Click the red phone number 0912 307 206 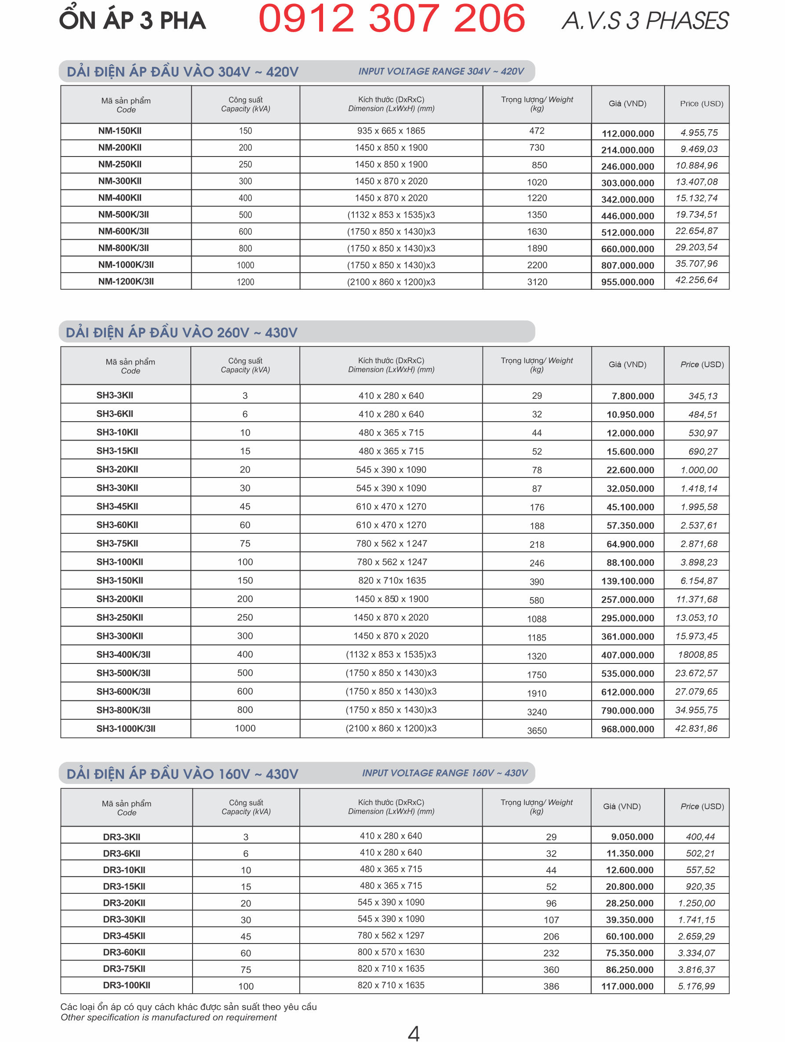coord(391,19)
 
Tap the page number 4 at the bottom coord(413,1033)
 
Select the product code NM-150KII coord(120,131)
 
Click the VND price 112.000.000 coord(627,133)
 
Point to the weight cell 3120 coord(537,282)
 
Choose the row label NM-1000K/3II coord(126,265)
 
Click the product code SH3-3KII coord(114,395)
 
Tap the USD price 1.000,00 coord(699,470)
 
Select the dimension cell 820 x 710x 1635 coord(392,580)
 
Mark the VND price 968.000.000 coord(627,729)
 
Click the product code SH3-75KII coord(117,543)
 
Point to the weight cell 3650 coord(536,731)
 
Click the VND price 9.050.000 coord(632,837)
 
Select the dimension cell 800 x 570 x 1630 coord(391,952)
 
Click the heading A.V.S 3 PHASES coord(645,21)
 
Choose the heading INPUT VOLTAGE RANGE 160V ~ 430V coord(444,773)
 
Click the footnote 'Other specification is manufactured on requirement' coord(169,1017)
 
